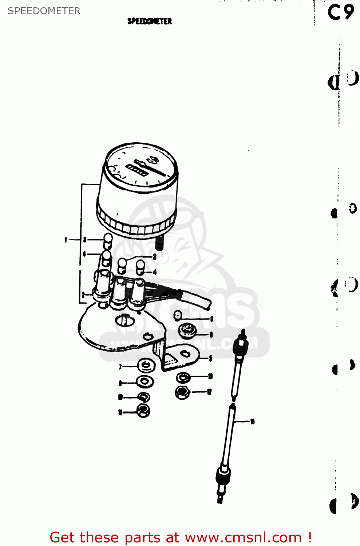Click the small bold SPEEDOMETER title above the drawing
(149, 21)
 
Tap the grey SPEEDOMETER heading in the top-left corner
(44, 11)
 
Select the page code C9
(340, 12)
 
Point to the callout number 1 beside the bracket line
(66, 240)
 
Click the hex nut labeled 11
(143, 411)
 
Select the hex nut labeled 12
(182, 392)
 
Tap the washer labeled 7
(146, 365)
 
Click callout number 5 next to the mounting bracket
(210, 359)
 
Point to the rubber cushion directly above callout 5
(187, 331)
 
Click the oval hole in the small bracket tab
(185, 353)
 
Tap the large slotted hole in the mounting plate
(124, 320)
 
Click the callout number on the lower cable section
(252, 422)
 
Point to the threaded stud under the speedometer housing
(159, 242)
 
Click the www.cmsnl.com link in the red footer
(243, 537)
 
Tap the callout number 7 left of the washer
(120, 367)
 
